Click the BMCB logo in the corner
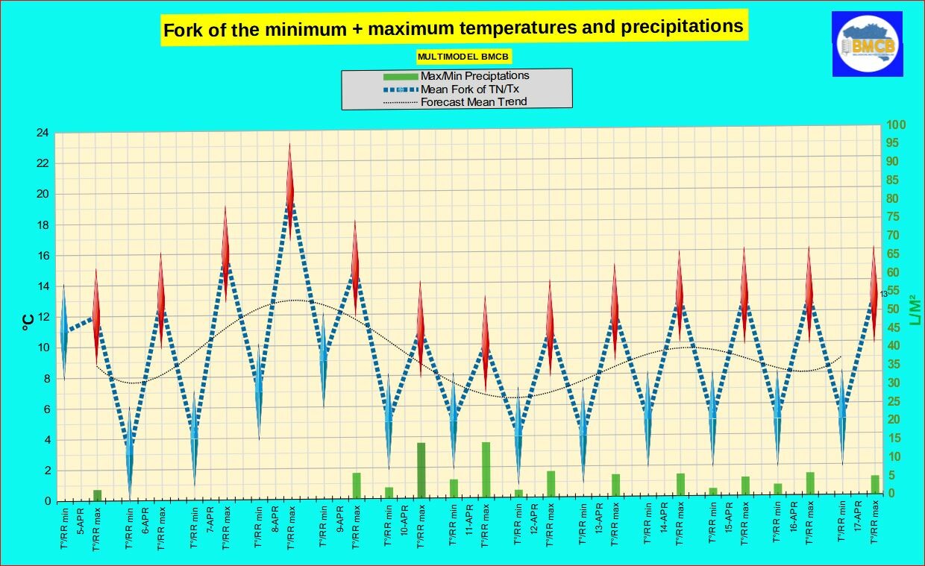pos(868,44)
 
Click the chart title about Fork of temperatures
pos(453,29)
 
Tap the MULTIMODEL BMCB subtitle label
pos(464,57)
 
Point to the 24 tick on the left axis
pos(43,133)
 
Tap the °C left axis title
pos(27,321)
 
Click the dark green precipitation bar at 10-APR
pos(421,470)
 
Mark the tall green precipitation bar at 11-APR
pos(486,469)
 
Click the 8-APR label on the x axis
pos(275,517)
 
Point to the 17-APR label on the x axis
pos(858,516)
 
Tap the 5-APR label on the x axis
pos(81,517)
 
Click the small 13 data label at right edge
pos(884,294)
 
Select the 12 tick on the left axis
pos(43,317)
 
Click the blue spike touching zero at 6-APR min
pos(129,462)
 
